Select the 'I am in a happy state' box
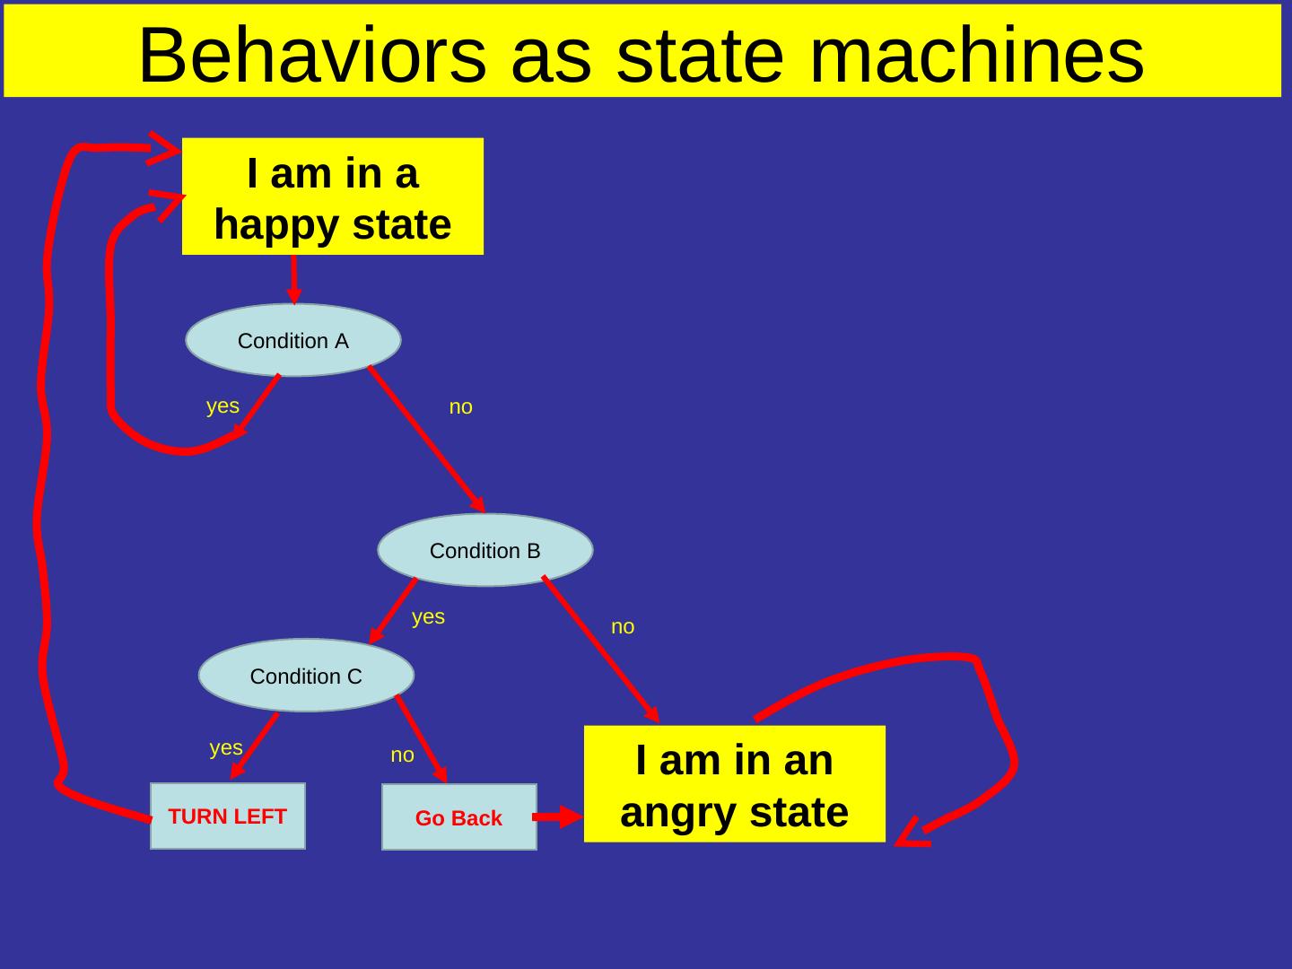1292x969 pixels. click(333, 197)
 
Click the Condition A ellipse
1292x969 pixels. click(292, 341)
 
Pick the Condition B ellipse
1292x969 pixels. click(484, 550)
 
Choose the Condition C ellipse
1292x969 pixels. click(305, 676)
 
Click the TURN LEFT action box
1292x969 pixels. click(228, 816)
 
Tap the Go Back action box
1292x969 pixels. click(458, 817)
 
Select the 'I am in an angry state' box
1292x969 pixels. click(734, 785)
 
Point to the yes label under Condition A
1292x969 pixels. click(223, 406)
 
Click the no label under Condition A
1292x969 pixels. click(460, 407)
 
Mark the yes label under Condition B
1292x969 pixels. click(428, 616)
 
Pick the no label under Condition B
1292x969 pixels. click(623, 627)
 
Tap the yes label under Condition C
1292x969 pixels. click(225, 747)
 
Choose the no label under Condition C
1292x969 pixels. click(402, 755)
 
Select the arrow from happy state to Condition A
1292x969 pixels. click(294, 279)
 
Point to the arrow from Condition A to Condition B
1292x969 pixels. click(426, 440)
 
